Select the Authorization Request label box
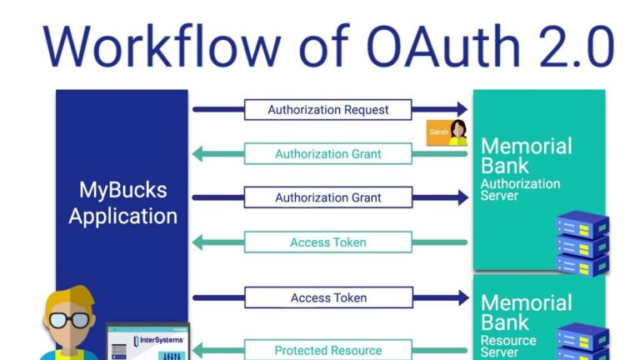point(327,109)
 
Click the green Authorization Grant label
point(327,154)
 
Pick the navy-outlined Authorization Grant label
point(327,198)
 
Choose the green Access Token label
point(327,242)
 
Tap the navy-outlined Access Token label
point(327,297)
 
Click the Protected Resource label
point(327,350)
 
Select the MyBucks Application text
point(122,202)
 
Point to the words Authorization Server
point(520,189)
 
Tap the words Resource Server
point(510,345)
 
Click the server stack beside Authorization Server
point(582,242)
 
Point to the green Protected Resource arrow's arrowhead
point(199,350)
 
